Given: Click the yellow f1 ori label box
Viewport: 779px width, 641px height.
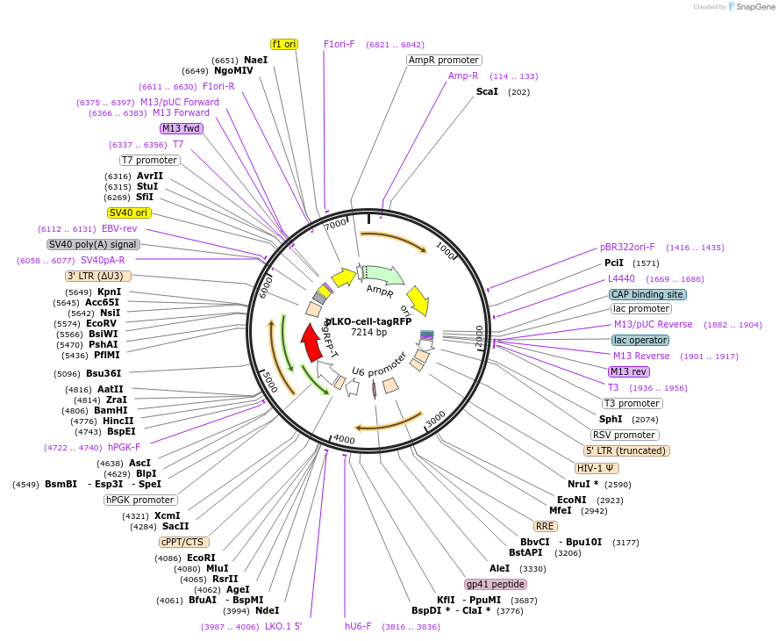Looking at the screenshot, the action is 284,44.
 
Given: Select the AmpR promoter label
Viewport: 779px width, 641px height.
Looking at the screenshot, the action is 444,61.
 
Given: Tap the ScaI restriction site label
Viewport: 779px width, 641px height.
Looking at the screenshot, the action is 487,91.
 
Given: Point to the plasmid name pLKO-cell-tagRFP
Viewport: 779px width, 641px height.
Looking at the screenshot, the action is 368,321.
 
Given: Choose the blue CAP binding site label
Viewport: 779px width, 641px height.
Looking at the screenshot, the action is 648,294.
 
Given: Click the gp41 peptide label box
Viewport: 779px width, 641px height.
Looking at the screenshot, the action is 496,584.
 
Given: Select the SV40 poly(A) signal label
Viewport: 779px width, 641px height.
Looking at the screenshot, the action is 93,244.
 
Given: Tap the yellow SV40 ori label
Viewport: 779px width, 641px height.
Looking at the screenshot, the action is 129,212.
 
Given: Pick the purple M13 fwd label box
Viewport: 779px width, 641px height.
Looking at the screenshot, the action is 182,128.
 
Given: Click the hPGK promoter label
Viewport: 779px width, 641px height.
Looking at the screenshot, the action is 140,500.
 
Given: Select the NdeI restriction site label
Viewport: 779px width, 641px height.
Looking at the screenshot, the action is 267,610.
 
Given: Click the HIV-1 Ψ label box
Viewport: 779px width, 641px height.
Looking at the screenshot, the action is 597,468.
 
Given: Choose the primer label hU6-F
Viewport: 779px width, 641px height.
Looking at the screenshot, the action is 358,627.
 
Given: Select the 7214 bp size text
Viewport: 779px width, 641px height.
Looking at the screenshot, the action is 368,333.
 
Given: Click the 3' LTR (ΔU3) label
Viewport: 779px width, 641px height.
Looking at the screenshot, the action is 98,276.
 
